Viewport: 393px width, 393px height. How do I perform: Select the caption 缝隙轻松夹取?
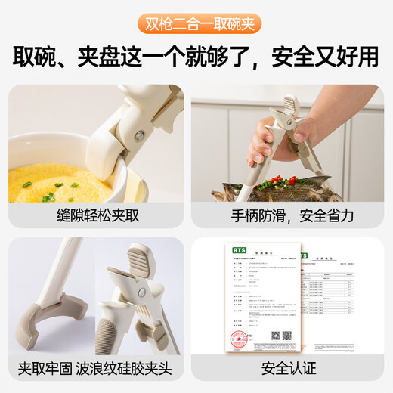coord(96,215)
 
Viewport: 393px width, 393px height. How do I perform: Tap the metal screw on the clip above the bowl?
coord(139,136)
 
